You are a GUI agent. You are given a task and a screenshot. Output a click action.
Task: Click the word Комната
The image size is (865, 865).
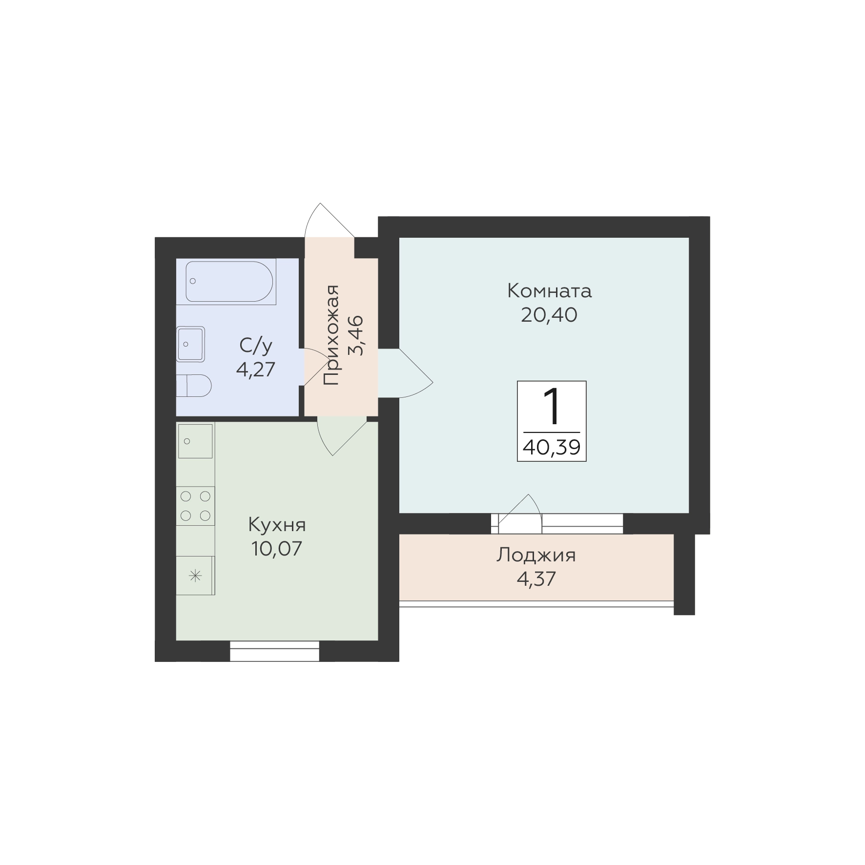[550, 291]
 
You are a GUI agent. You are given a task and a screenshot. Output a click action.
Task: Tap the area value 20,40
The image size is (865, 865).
[549, 315]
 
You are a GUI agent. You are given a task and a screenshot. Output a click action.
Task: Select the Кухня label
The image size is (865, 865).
[277, 525]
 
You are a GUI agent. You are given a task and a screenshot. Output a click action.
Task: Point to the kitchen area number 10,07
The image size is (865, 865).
[277, 549]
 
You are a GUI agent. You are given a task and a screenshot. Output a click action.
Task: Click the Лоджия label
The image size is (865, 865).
[536, 556]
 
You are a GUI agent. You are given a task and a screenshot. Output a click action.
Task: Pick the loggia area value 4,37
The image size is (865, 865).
[536, 579]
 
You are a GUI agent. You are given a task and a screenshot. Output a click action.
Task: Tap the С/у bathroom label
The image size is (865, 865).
[256, 346]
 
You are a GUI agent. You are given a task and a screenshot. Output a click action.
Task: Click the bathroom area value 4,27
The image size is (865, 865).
[256, 370]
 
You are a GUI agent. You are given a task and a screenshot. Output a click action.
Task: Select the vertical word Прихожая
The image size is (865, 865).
[331, 334]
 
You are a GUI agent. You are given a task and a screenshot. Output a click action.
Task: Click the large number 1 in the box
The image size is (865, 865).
[552, 406]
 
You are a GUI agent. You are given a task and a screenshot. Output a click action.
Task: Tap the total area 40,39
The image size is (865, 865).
[552, 447]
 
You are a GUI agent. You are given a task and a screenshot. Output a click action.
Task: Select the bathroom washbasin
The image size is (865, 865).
[190, 344]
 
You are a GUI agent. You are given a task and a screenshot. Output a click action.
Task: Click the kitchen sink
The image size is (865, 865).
[195, 441]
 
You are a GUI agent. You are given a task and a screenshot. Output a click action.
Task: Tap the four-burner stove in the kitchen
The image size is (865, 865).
[195, 506]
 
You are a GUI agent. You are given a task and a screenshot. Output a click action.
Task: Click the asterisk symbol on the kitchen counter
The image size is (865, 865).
[195, 576]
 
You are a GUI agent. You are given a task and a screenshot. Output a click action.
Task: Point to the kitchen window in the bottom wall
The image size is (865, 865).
[274, 651]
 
